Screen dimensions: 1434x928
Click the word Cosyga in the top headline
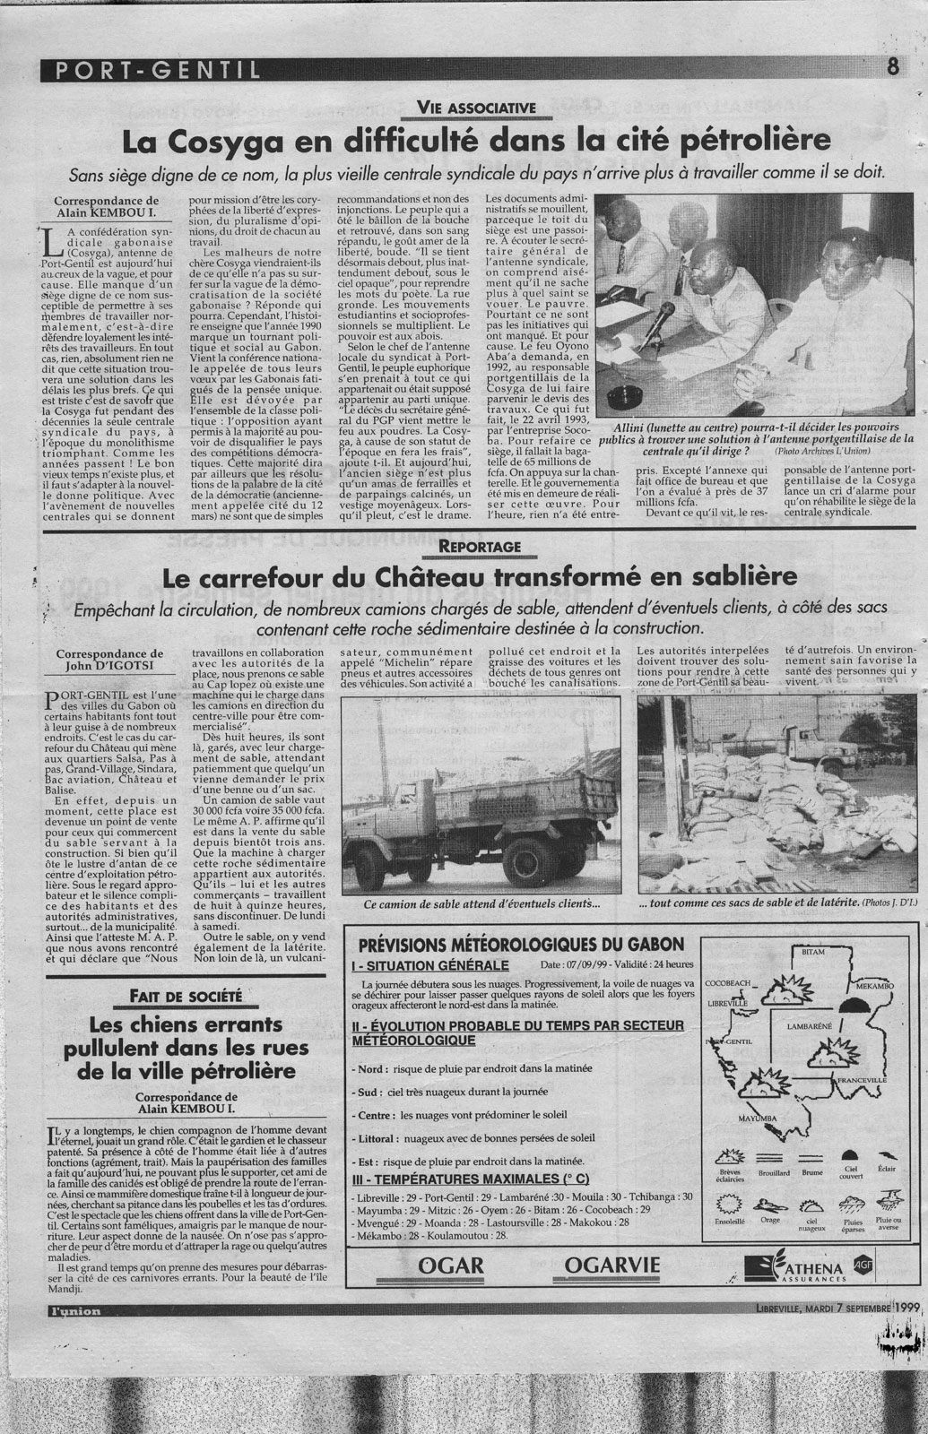click(x=205, y=141)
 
